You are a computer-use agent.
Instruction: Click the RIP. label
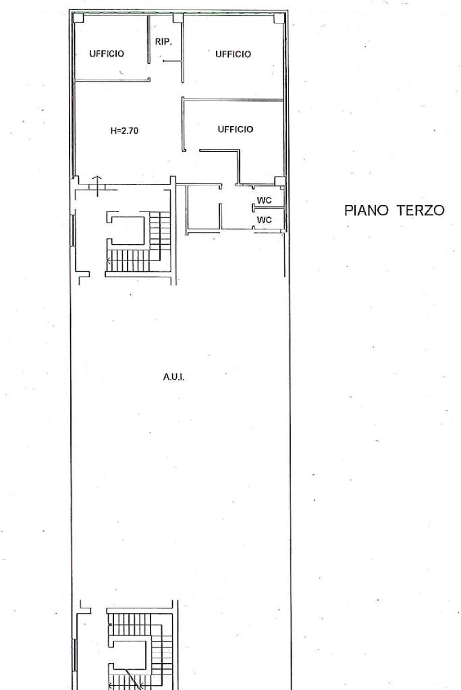point(163,42)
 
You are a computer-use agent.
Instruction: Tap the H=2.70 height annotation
point(125,131)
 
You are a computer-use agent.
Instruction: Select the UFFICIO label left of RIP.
point(107,54)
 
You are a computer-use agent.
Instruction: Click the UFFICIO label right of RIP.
point(233,54)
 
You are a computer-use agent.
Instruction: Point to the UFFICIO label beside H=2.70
point(236,130)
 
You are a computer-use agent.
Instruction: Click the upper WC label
point(264,201)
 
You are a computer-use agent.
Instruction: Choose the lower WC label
point(264,220)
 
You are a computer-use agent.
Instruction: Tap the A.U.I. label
point(173,377)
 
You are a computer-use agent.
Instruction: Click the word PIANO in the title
point(367,210)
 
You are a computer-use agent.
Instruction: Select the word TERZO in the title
point(421,210)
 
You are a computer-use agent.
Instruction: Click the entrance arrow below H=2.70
point(97,185)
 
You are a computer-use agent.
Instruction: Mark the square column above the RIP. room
point(178,18)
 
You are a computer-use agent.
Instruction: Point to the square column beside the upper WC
point(279,181)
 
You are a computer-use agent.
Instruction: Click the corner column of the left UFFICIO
point(78,18)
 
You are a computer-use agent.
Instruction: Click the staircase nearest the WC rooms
point(138,243)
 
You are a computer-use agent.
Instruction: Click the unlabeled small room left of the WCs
point(203,208)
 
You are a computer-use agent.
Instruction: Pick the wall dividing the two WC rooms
point(268,207)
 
